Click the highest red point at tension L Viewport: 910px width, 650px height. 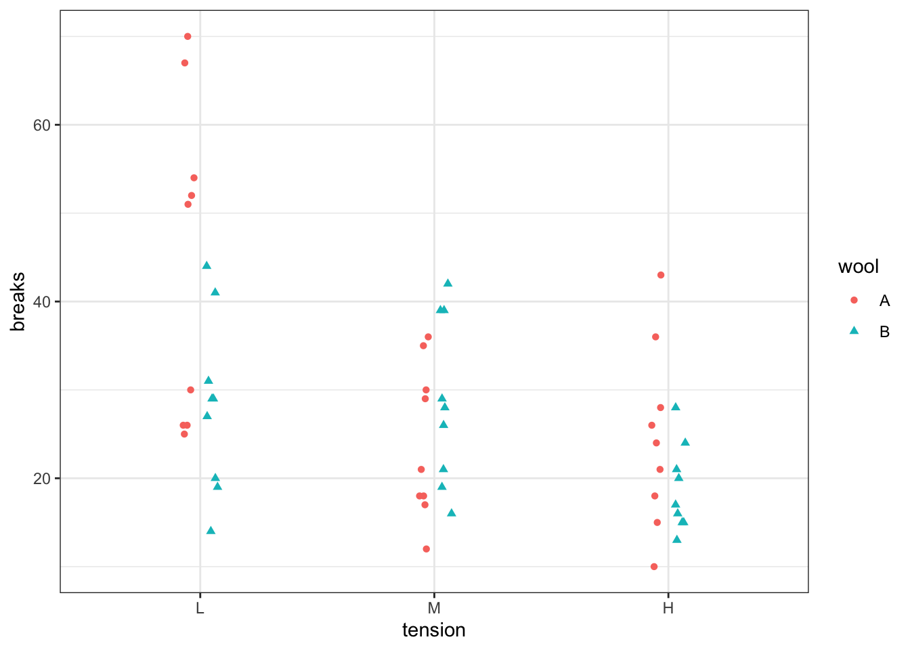(x=188, y=37)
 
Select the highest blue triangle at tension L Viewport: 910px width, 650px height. (x=207, y=265)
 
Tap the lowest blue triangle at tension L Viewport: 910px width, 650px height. (x=211, y=530)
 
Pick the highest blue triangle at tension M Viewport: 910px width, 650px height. (x=448, y=283)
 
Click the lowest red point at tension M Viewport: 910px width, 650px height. (x=426, y=549)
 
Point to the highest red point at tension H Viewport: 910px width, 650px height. (x=661, y=275)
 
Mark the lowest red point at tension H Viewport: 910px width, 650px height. (x=654, y=567)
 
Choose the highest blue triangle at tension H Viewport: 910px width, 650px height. (x=675, y=407)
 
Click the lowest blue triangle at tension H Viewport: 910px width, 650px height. (x=676, y=540)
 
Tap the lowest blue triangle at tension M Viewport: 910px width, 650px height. (x=452, y=513)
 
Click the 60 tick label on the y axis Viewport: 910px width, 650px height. (x=42, y=125)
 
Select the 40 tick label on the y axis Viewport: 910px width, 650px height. (x=42, y=301)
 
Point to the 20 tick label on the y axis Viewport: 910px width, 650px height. (x=42, y=479)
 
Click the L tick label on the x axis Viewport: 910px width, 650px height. (x=200, y=608)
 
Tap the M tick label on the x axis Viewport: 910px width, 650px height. (x=434, y=608)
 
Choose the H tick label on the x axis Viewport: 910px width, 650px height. (x=668, y=608)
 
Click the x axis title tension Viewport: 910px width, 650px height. (x=434, y=630)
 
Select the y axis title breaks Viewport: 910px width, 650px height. (x=18, y=301)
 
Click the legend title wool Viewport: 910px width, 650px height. (x=858, y=267)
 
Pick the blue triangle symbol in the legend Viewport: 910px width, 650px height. (x=854, y=331)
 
